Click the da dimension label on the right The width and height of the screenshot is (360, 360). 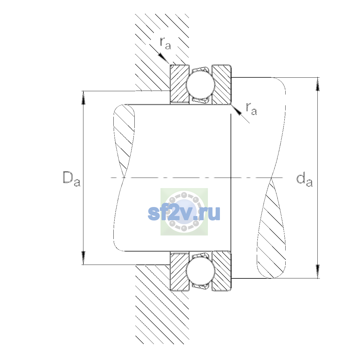click(304, 180)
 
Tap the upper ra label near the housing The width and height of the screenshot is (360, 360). click(166, 43)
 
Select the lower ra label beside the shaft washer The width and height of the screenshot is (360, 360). click(251, 109)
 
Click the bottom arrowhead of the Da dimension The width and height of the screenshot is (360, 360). click(83, 258)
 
